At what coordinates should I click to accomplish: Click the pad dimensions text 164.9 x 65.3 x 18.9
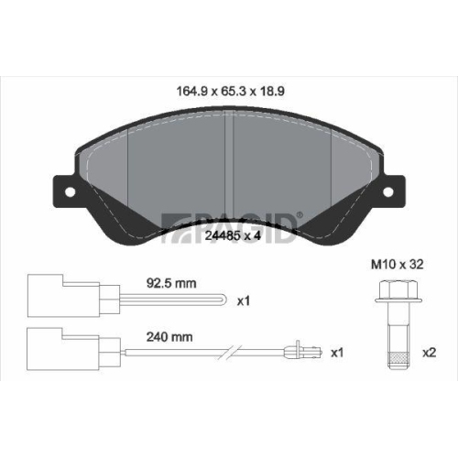[x=231, y=91]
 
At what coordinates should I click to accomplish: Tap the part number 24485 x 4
[x=233, y=235]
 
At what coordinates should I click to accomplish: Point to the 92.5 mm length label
[x=171, y=283]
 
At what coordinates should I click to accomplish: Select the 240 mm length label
[x=169, y=337]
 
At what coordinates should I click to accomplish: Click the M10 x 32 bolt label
[x=398, y=265]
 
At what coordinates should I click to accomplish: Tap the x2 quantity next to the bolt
[x=429, y=353]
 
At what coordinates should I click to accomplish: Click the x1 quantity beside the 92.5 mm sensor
[x=244, y=301]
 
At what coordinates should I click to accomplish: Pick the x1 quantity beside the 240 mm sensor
[x=337, y=353]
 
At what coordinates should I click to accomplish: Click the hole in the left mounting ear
[x=70, y=192]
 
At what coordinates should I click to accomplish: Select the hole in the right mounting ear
[x=388, y=192]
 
